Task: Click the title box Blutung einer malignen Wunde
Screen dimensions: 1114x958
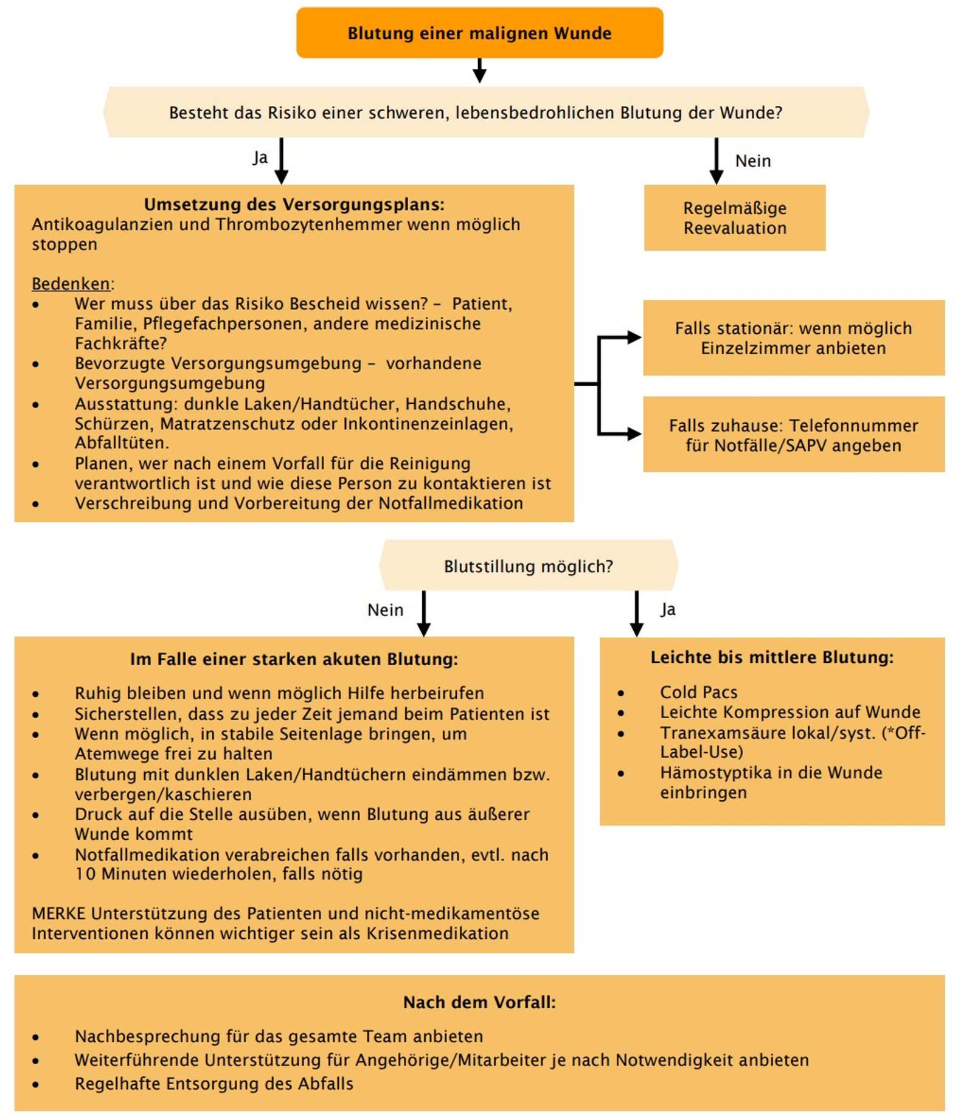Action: [479, 33]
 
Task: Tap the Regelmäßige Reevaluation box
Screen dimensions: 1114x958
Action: [734, 218]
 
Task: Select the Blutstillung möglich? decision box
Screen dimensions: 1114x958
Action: [528, 566]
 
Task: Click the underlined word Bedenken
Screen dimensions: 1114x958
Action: [71, 283]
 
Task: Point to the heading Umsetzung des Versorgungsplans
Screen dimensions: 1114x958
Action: [294, 204]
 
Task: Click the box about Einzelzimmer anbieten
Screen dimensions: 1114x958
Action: [793, 337]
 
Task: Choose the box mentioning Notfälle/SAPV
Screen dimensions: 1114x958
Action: [793, 435]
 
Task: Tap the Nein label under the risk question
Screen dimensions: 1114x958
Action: [752, 161]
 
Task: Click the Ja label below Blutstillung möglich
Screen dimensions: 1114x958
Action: [668, 609]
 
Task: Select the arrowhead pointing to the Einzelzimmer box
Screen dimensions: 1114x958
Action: [634, 337]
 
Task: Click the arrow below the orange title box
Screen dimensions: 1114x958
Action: [479, 72]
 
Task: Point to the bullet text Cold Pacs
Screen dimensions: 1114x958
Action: [698, 692]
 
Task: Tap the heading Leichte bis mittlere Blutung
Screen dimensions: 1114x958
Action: [771, 657]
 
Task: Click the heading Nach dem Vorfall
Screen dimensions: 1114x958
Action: [479, 1002]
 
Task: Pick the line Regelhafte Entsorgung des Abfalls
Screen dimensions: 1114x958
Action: [213, 1084]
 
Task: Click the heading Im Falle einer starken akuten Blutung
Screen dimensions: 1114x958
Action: [294, 659]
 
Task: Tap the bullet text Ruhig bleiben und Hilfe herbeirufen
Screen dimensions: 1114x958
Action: [279, 693]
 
